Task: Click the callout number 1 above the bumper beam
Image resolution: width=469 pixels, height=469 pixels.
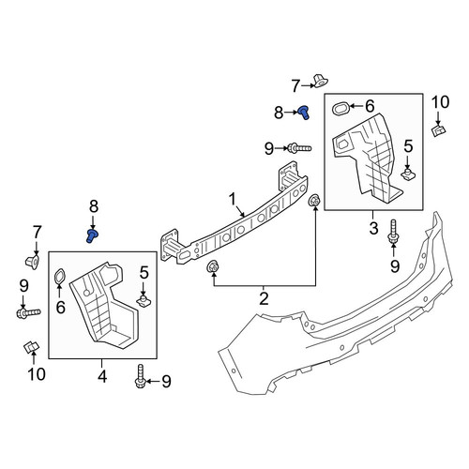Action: (x=232, y=199)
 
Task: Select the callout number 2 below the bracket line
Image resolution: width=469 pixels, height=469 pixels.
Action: (x=264, y=298)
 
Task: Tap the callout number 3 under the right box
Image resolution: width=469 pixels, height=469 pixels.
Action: (x=373, y=228)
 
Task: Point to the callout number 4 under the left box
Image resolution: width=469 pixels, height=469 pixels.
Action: (x=102, y=376)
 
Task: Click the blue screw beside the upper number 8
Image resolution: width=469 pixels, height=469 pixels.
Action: (x=303, y=112)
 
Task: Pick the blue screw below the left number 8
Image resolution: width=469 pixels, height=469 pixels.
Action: (x=92, y=235)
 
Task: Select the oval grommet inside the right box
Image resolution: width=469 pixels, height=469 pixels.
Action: (x=340, y=109)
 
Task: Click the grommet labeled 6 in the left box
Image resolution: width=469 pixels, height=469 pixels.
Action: (x=59, y=277)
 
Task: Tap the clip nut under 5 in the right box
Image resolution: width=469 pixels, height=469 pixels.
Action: (x=408, y=174)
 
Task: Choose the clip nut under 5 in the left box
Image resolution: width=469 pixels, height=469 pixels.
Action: (x=144, y=301)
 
